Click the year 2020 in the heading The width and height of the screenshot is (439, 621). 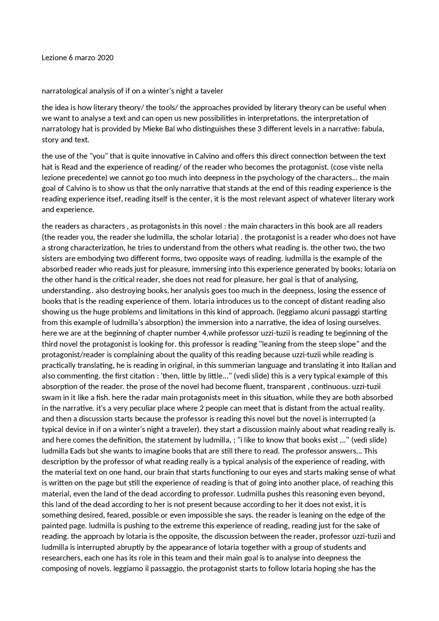click(x=105, y=58)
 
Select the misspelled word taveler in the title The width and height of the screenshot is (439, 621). click(x=212, y=91)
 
